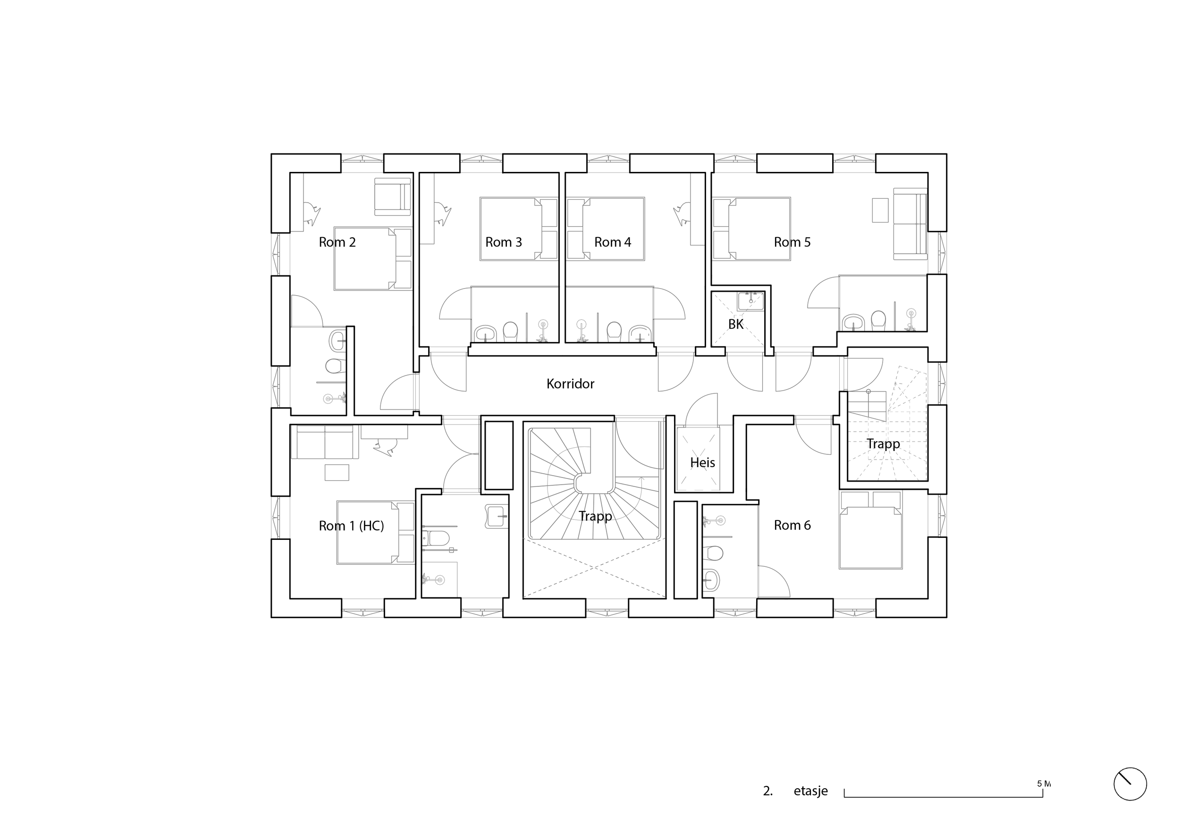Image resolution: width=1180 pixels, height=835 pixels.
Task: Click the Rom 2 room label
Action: [337, 242]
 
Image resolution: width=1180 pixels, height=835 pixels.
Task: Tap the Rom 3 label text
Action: [503, 242]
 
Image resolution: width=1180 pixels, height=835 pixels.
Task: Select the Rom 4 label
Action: [613, 242]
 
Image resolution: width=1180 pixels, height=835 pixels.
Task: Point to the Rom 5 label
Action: [792, 242]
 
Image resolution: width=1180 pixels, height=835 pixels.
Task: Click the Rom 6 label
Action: [792, 525]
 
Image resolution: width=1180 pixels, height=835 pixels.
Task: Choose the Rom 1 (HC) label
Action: [351, 526]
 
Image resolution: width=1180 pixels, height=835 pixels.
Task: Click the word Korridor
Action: [570, 383]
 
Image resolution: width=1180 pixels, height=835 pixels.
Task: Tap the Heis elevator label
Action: [702, 462]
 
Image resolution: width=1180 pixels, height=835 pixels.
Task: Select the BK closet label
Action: [735, 324]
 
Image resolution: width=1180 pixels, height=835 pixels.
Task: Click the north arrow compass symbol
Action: [1129, 784]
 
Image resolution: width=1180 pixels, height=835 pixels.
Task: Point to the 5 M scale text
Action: [1043, 784]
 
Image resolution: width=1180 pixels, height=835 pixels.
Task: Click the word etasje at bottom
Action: [810, 791]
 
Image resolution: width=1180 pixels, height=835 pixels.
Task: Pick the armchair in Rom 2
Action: [393, 197]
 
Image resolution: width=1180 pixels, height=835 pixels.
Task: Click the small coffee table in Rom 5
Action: [880, 210]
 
